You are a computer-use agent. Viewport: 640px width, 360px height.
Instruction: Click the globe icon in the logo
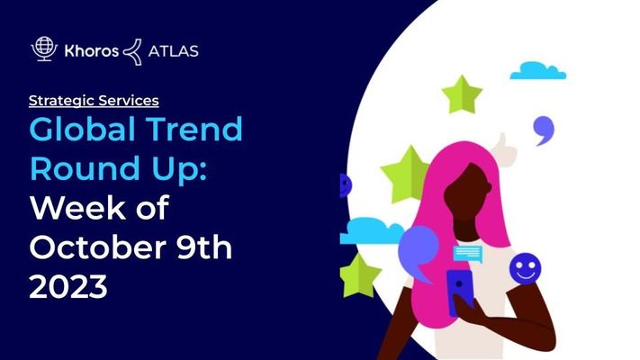click(44, 49)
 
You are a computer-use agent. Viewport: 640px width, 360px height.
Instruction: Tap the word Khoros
click(92, 51)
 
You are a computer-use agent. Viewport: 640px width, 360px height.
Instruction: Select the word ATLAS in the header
click(173, 51)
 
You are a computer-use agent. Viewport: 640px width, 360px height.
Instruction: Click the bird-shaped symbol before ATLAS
click(132, 52)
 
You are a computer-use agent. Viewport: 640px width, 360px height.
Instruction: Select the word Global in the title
click(83, 130)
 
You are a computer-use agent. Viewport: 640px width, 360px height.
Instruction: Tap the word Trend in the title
click(194, 130)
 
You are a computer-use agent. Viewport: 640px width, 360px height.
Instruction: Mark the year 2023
click(68, 286)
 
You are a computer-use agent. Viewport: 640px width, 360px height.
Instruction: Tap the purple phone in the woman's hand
click(460, 292)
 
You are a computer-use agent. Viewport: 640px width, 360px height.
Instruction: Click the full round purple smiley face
click(526, 268)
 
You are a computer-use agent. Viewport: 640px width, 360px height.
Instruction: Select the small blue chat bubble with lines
click(468, 254)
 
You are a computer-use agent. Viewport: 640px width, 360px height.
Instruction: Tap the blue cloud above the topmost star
click(538, 70)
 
